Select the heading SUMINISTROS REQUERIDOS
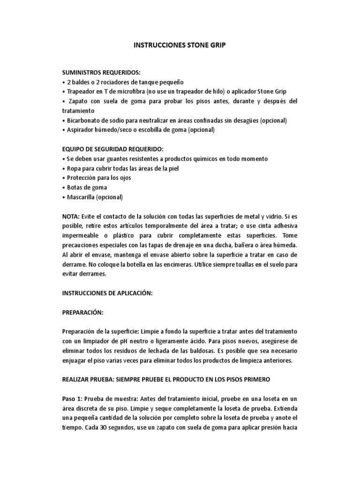101,73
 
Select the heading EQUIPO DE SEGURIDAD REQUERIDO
113,149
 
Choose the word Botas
75,187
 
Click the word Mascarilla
82,197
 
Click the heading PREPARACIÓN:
82,312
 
